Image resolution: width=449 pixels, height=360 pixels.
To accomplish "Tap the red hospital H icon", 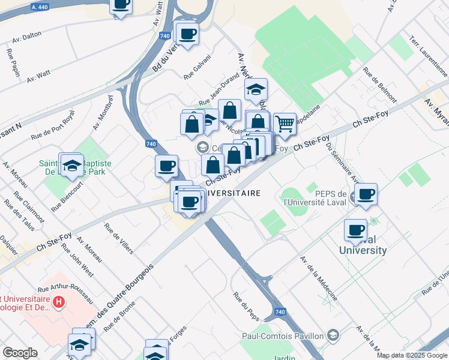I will pos(58,301).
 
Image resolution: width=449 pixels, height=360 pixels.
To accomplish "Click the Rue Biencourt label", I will pos(65,199).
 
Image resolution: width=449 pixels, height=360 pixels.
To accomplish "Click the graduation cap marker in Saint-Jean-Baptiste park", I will pos(71,164).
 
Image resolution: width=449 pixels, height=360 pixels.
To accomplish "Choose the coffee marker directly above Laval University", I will pos(356,230).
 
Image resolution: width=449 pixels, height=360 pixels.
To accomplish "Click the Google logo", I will pos(20,353).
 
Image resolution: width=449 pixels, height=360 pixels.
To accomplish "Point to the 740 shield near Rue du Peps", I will pos(280,312).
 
